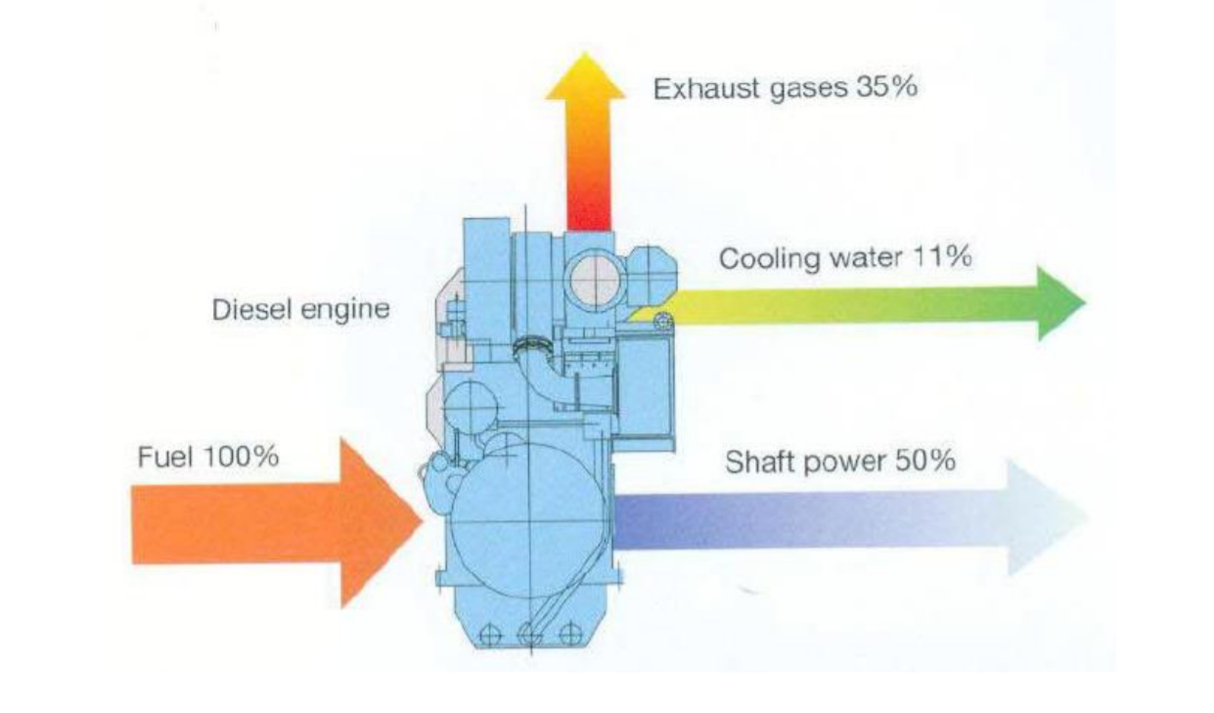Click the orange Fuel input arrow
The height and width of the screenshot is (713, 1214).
point(277,523)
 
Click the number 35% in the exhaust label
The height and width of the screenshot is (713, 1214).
point(886,87)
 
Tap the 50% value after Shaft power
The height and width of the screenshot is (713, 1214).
point(924,461)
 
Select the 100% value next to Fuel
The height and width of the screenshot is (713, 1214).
point(242,456)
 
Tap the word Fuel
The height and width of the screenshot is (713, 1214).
point(165,457)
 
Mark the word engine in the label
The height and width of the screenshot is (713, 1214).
point(344,311)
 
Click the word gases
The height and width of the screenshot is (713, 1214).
point(808,90)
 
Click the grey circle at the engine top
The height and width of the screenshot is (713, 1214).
point(595,281)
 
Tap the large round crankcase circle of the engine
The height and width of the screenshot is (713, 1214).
point(528,519)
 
